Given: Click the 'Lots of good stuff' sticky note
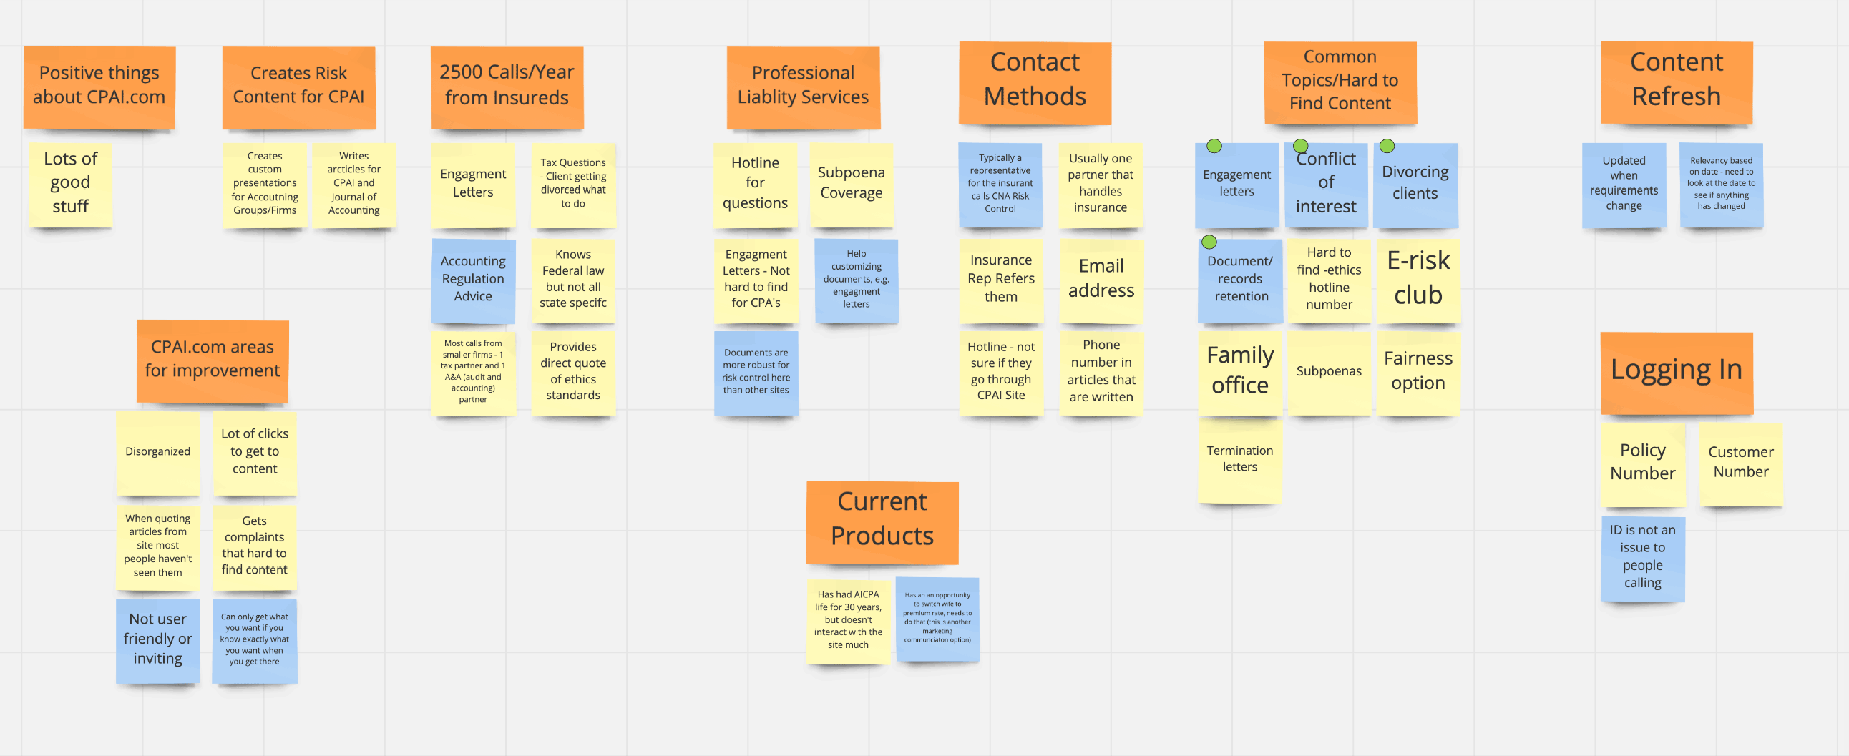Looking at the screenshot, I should coord(70,184).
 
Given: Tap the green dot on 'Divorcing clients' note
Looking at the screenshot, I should coord(1387,147).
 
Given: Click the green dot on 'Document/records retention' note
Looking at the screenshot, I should coord(1209,242).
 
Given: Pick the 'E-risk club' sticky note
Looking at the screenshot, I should coord(1418,279).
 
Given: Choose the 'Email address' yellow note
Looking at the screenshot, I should coord(1101,279).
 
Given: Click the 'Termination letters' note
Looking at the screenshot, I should coord(1239,460).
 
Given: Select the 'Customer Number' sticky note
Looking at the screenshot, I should coord(1740,463).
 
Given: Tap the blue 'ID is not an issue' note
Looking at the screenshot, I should coord(1642,557).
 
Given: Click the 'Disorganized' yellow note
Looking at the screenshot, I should coord(158,452).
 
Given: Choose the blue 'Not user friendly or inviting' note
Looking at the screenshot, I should coord(158,639).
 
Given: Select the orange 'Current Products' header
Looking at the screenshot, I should coord(882,520).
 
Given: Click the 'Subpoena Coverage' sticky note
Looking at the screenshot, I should coord(852,184).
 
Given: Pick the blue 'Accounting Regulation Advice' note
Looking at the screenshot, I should coord(473,279).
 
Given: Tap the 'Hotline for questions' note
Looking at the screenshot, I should coord(755,184).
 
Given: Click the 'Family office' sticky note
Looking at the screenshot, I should coord(1239,370).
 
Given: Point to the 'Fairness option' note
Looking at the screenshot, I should coord(1418,370).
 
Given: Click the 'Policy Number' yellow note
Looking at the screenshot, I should coord(1642,463).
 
